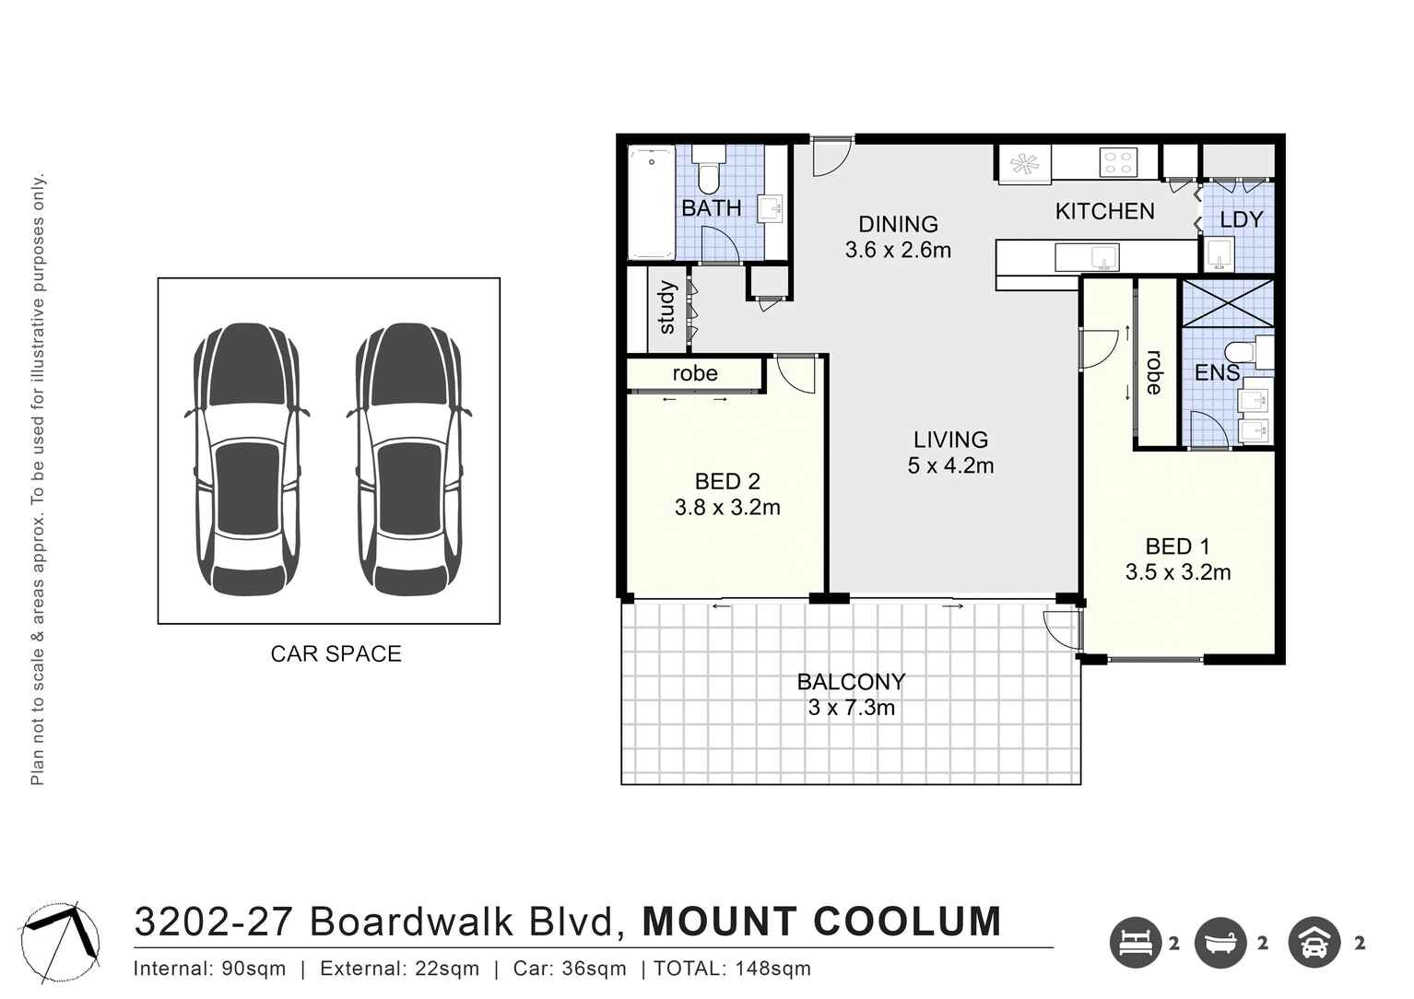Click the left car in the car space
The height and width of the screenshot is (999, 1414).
click(x=246, y=459)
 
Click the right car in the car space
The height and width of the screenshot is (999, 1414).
click(x=409, y=459)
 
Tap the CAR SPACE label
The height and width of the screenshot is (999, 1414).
click(x=336, y=654)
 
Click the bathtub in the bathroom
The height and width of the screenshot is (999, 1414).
click(x=652, y=203)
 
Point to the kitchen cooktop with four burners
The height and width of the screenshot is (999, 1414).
click(x=1118, y=163)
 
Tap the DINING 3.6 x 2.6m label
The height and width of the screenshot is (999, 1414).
click(x=898, y=237)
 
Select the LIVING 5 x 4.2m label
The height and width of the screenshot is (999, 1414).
click(x=950, y=452)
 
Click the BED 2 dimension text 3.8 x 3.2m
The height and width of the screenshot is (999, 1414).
click(x=727, y=508)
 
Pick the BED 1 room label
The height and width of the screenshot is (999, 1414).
click(x=1177, y=547)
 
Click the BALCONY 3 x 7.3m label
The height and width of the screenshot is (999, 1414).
click(x=851, y=695)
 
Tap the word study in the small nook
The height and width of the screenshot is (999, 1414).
click(x=667, y=308)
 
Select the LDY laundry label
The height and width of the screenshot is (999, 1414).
click(x=1241, y=220)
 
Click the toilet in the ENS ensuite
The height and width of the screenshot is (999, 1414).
click(x=1244, y=351)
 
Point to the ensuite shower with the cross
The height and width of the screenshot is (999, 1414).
click(x=1227, y=302)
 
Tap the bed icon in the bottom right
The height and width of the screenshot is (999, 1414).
click(x=1135, y=943)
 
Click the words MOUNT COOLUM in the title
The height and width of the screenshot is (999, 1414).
click(x=821, y=923)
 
